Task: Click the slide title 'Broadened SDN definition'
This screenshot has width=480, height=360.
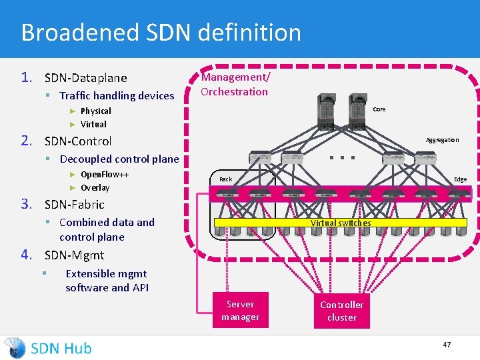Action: tap(161, 32)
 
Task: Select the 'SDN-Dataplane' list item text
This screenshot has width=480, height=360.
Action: tap(85, 78)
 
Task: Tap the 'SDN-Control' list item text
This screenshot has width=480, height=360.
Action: tap(78, 141)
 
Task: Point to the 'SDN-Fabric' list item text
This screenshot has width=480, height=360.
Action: tap(74, 205)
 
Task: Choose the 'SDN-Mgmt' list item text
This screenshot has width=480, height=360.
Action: tap(74, 255)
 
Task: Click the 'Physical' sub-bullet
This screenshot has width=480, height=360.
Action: tap(95, 111)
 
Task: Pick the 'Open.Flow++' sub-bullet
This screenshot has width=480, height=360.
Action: tap(104, 175)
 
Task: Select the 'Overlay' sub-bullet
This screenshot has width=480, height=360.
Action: tap(95, 188)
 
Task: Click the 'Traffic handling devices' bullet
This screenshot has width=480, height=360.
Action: tap(117, 96)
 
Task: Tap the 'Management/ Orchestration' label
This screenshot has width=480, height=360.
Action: tap(235, 85)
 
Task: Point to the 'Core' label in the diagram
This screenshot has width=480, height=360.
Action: tap(379, 109)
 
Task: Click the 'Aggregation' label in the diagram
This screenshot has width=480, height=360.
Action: tap(442, 140)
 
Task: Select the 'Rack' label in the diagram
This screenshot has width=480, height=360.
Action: tap(226, 179)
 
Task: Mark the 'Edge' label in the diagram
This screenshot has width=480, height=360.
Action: tap(460, 179)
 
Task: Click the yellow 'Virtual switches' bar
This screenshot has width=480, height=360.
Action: tap(341, 223)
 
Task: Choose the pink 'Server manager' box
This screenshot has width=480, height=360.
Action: tap(240, 311)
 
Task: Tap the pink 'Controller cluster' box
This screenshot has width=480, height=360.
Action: tap(341, 311)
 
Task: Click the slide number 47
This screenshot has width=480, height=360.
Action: tap(447, 345)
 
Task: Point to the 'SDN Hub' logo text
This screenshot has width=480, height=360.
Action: tap(61, 348)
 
